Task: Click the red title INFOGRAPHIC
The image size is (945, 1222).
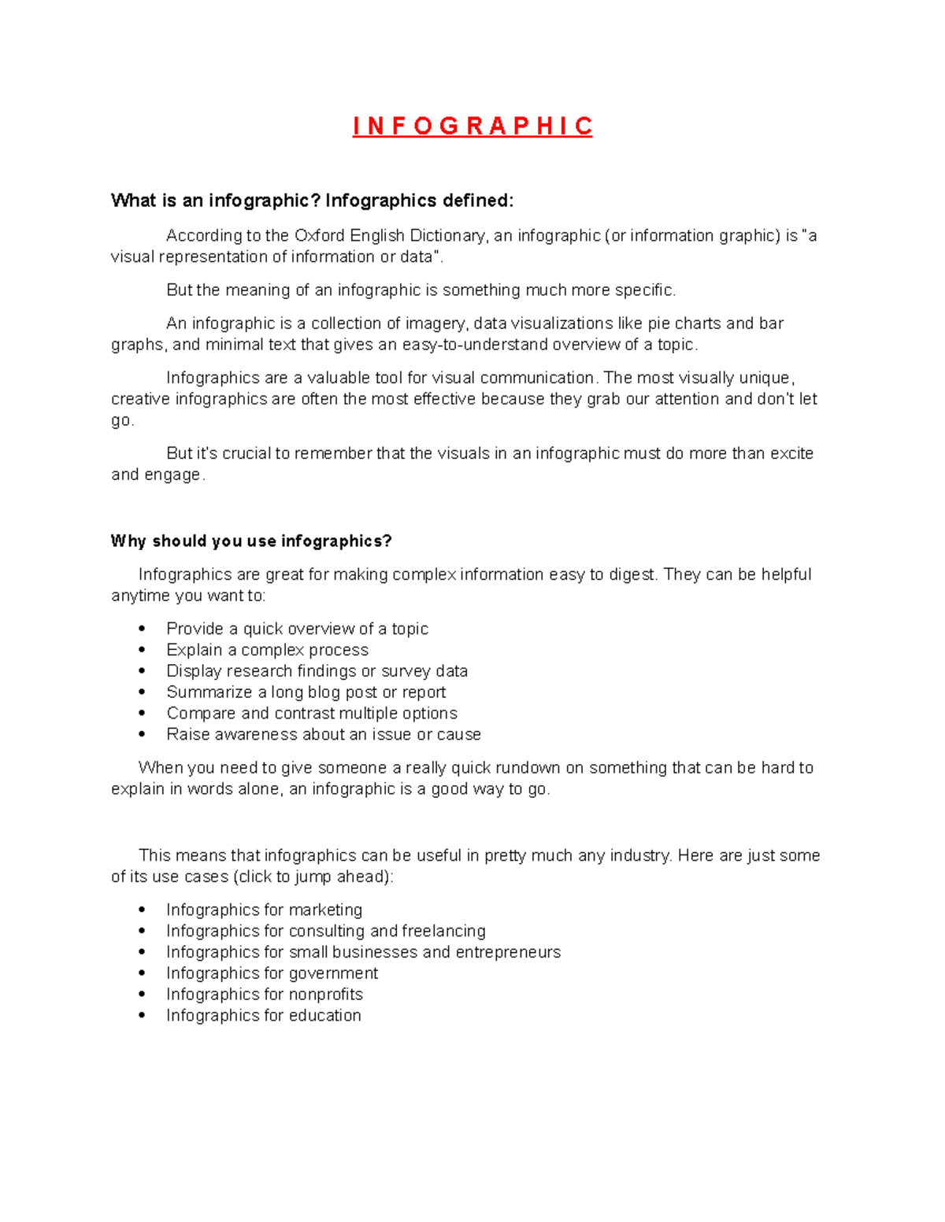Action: click(472, 126)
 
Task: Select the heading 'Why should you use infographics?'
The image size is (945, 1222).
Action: click(251, 541)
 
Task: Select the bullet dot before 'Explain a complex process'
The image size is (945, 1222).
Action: click(142, 650)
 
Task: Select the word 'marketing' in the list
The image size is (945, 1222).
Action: click(325, 910)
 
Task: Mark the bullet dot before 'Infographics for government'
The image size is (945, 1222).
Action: click(142, 973)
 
